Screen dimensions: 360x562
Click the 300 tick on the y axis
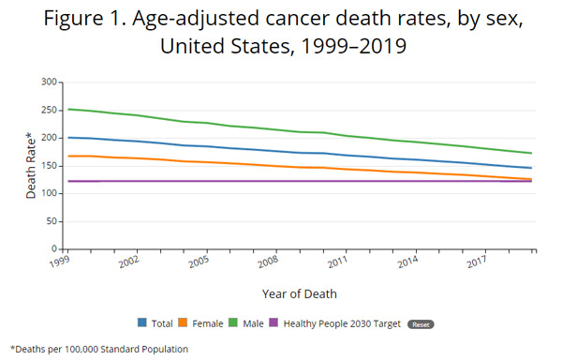pos(49,82)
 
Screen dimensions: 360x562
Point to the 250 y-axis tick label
pos(49,110)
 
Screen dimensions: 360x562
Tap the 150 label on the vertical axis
pos(49,166)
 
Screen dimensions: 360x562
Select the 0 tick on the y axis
pos(54,249)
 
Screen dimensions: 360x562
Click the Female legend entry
pos(206,323)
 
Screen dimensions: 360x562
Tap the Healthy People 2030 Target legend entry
pos(347,323)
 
